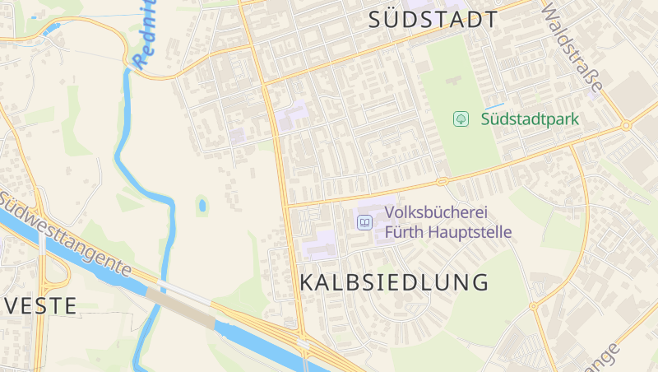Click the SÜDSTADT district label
click(x=433, y=21)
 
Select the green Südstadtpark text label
click(x=530, y=119)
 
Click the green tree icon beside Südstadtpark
click(x=461, y=119)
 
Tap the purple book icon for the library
click(x=364, y=221)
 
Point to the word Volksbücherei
click(x=434, y=213)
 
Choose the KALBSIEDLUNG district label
click(x=394, y=282)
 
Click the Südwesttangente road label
click(x=66, y=235)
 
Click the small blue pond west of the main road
click(x=202, y=205)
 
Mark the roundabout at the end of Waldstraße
click(x=626, y=126)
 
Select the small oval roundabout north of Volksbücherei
click(x=442, y=180)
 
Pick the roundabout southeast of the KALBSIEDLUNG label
click(x=533, y=306)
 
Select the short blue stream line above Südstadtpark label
click(x=495, y=106)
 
